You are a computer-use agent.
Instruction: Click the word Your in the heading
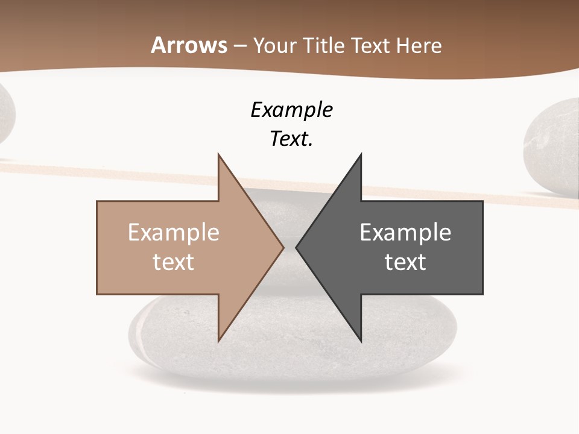click(x=275, y=46)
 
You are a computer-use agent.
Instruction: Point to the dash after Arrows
click(x=240, y=46)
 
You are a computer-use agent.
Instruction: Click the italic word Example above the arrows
click(x=291, y=110)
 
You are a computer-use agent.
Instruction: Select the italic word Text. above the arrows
click(x=291, y=139)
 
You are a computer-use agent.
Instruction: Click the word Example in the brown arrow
click(x=174, y=232)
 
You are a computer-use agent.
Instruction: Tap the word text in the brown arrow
click(x=174, y=262)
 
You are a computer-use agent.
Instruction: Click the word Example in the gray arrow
click(x=405, y=232)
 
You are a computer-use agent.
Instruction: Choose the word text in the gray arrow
click(x=405, y=262)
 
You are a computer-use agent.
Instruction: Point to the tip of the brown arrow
click(x=283, y=247)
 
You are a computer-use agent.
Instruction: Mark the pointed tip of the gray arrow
click(x=297, y=247)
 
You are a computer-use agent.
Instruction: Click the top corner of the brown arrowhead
click(x=218, y=155)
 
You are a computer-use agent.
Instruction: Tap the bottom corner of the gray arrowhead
click(x=361, y=341)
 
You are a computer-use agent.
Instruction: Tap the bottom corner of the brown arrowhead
click(x=218, y=341)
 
